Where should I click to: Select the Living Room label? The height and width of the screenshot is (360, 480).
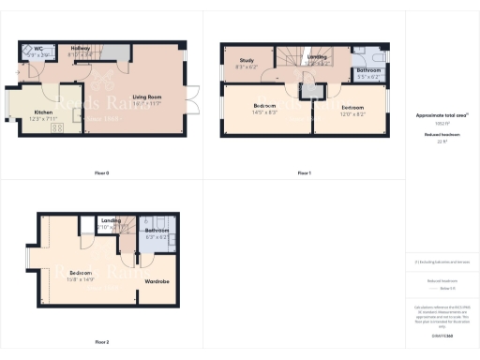point(145,97)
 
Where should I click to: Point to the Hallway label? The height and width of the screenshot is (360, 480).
point(80,50)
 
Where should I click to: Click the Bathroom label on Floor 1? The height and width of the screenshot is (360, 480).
point(367,69)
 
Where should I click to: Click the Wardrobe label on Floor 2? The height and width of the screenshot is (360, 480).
point(157,280)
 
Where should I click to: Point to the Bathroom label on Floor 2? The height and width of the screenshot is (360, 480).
point(157,231)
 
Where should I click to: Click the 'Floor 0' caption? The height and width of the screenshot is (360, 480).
point(102,173)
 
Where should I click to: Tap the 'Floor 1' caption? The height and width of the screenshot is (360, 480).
point(304,173)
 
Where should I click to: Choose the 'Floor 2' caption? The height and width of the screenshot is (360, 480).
point(102,342)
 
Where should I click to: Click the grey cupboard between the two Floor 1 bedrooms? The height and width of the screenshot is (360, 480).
point(309,92)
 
